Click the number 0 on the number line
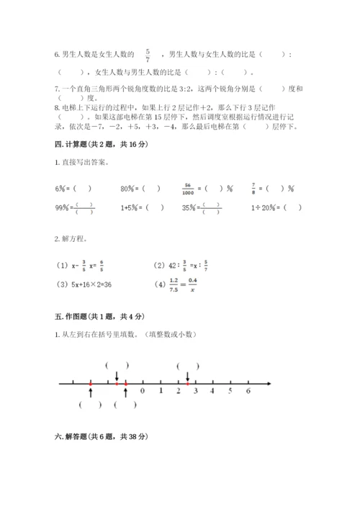click(143, 392)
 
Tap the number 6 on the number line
click(248, 392)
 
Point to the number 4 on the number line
click(212, 392)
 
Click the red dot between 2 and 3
click(187, 384)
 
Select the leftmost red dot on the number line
click(91, 384)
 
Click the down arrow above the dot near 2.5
click(187, 376)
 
